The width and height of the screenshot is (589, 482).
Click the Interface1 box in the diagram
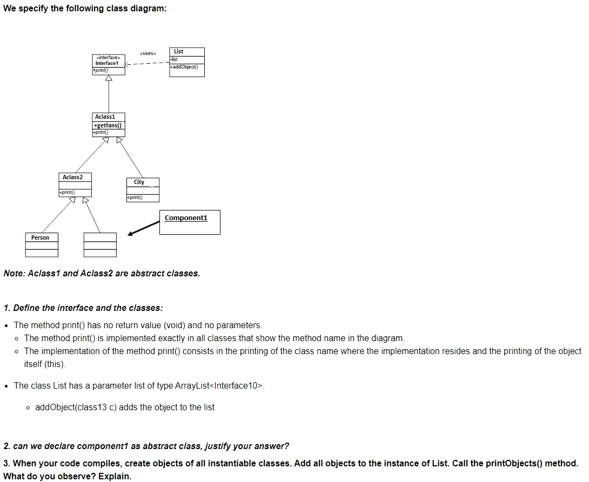pos(109,63)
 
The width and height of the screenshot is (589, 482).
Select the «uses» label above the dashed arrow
pos(148,53)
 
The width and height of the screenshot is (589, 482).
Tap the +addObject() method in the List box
pos(184,67)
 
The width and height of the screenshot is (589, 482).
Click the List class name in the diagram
pos(178,51)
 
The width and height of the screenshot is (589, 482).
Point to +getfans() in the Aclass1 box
pos(108,126)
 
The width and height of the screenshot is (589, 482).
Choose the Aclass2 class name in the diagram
pos(72,177)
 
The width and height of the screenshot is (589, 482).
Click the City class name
pos(139,182)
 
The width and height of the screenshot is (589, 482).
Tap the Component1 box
pos(190,222)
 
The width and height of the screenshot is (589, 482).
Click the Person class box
pos(42,245)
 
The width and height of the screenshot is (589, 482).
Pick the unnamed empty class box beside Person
pos(100,245)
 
